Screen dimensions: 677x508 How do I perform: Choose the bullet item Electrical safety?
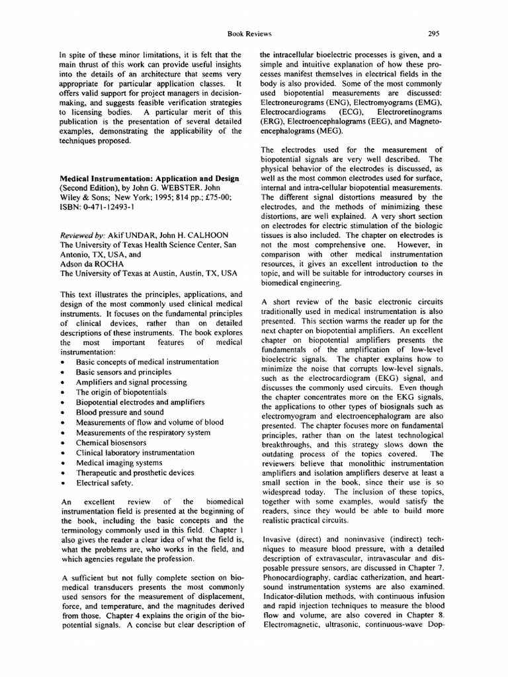point(106,483)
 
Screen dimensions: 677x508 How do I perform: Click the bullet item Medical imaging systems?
point(119,463)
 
